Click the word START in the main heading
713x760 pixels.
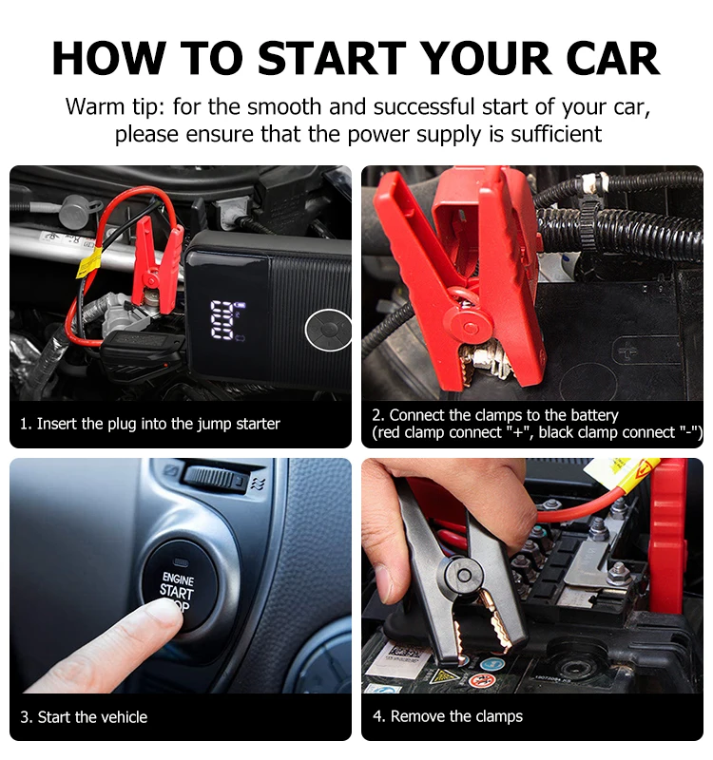pos(332,58)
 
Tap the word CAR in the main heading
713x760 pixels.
pos(612,58)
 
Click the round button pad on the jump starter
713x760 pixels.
pos(328,329)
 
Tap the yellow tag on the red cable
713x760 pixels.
pos(87,264)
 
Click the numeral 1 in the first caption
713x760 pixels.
pos(23,424)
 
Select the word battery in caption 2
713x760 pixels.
pos(594,415)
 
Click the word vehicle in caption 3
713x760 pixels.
pos(123,717)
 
